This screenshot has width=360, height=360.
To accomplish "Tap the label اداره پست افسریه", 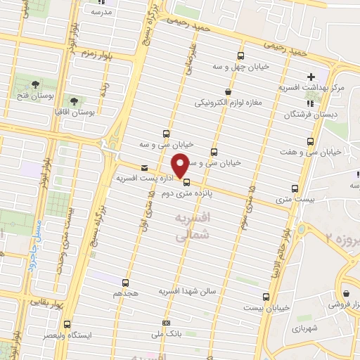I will pos(143,179).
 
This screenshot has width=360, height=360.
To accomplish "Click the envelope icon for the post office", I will pos(145,168).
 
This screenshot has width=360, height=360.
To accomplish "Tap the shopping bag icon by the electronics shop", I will pos(227,91).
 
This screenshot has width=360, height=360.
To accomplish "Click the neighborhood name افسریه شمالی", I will pos(192,229).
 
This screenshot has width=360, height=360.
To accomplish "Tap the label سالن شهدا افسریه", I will pos(191,290).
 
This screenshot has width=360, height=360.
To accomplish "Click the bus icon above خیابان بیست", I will pos(266,297).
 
